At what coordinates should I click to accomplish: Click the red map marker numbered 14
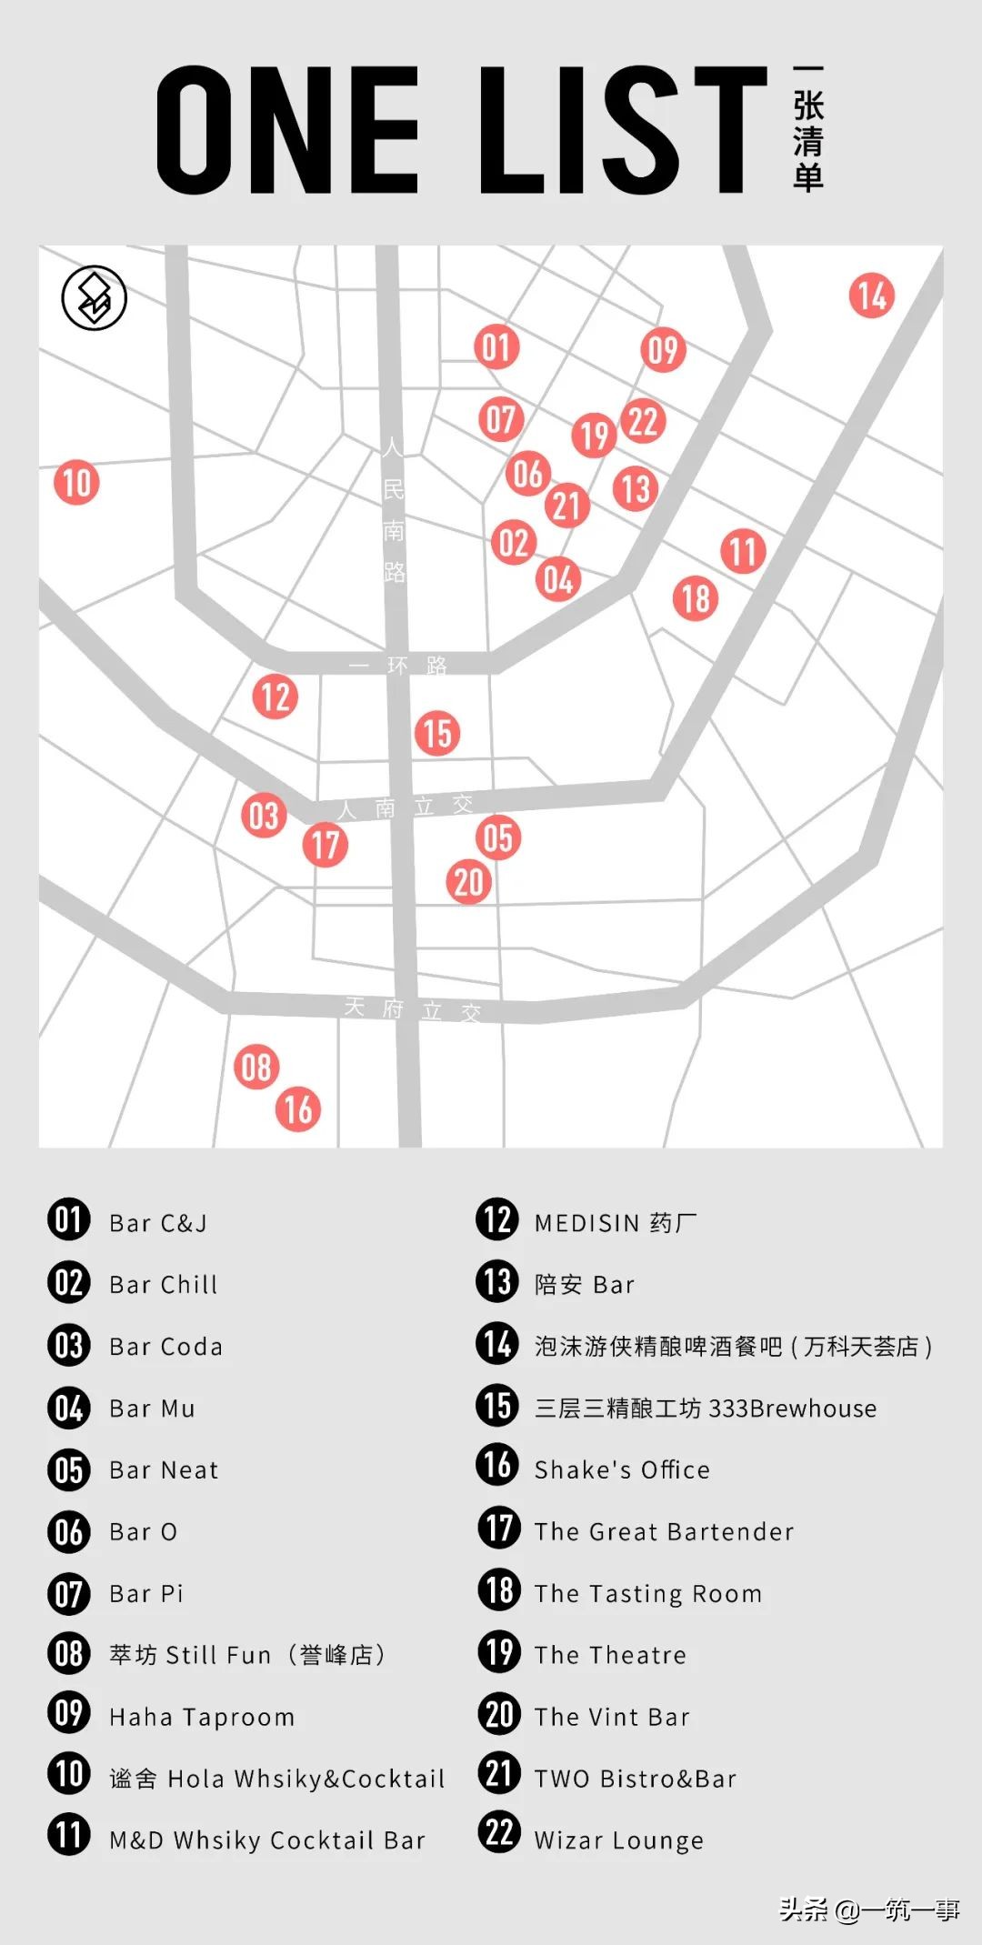tap(871, 296)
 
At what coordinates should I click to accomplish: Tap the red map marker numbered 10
tap(76, 482)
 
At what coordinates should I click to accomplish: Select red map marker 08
tap(256, 1068)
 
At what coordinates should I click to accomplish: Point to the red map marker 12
tap(275, 697)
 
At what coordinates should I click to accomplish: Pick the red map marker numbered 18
tap(696, 598)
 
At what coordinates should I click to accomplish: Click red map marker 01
tap(496, 347)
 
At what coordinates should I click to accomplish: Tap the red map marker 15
tap(437, 733)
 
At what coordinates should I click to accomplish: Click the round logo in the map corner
tap(94, 298)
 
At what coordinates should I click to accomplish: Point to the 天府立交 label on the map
tap(412, 1008)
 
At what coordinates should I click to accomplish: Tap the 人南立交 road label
tap(406, 807)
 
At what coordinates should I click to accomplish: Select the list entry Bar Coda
tap(165, 1347)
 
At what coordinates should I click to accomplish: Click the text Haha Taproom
tap(202, 1717)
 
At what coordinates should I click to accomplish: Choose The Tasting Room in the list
tap(647, 1593)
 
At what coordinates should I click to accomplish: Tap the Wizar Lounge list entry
tap(618, 1840)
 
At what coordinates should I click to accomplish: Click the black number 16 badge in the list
tap(498, 1466)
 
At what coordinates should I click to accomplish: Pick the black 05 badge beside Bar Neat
tap(69, 1470)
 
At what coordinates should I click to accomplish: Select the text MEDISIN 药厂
tap(616, 1223)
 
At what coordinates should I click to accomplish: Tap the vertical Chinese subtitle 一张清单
tap(807, 129)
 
